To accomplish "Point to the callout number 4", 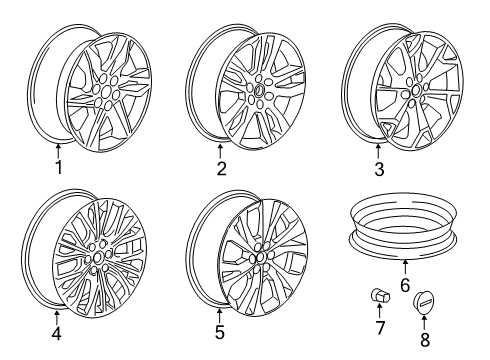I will [56, 335].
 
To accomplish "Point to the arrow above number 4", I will [56, 317].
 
